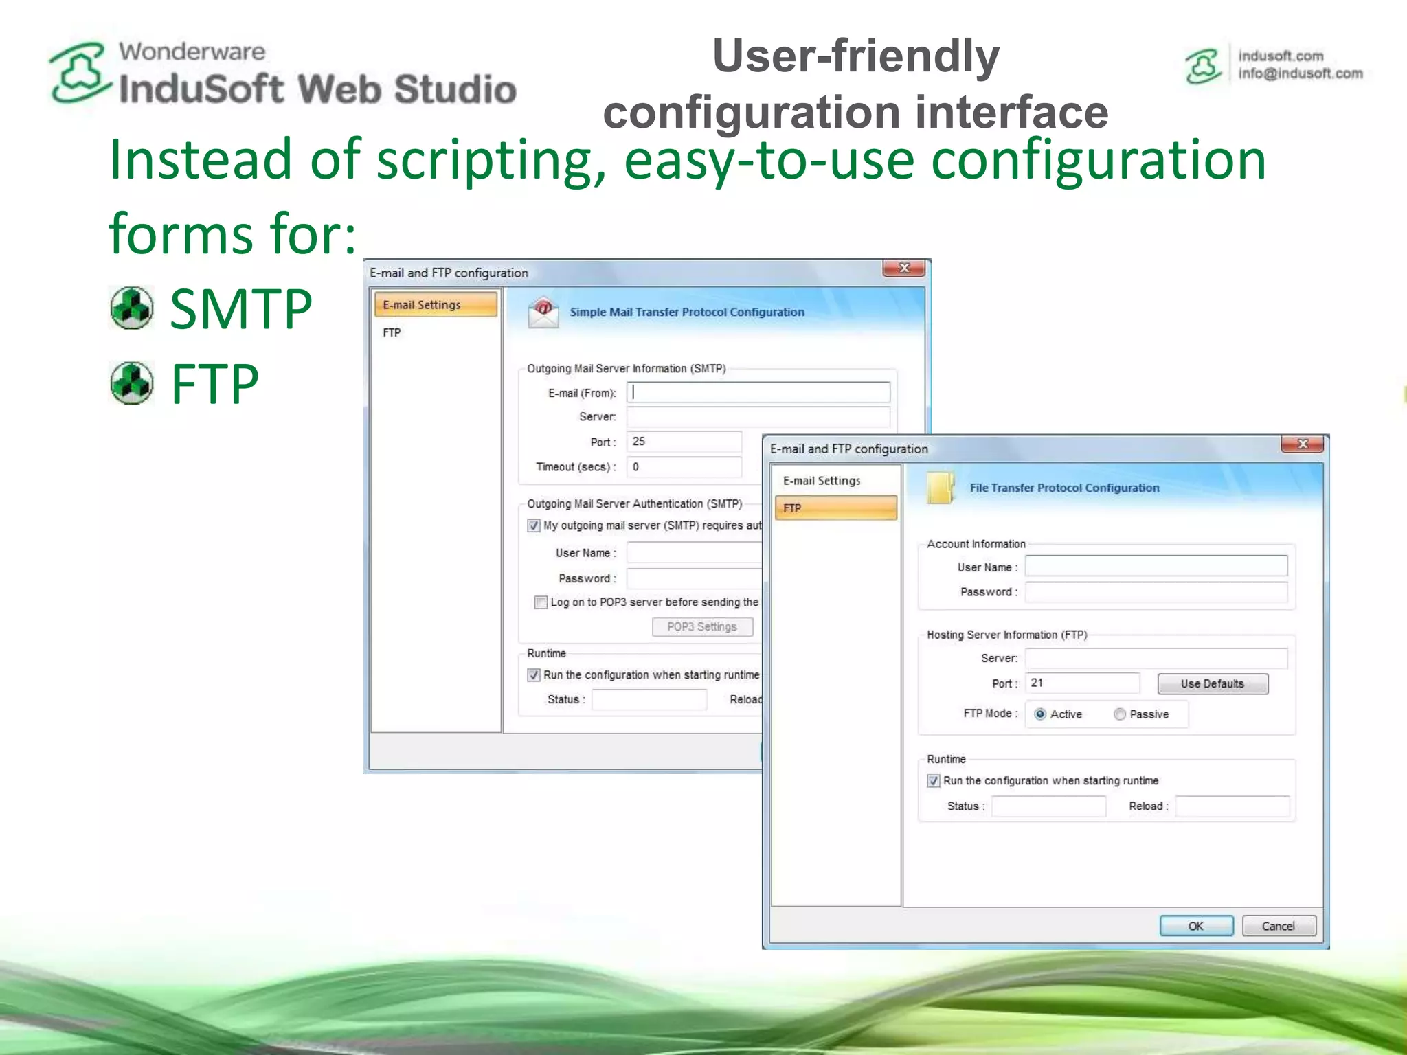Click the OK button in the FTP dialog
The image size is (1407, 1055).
point(1195,926)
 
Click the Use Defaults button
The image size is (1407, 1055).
point(1212,683)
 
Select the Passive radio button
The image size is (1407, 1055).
point(1120,714)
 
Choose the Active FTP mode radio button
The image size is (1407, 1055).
point(1040,714)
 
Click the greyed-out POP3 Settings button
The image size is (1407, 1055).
point(701,626)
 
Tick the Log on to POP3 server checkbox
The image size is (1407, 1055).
point(541,602)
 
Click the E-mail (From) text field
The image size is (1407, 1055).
point(758,392)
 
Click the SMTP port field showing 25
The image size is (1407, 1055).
point(684,442)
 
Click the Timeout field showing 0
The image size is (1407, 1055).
point(684,467)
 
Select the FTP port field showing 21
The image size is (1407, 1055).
point(1081,683)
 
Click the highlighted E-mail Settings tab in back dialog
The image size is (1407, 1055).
point(436,304)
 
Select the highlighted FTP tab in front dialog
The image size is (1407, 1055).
point(835,508)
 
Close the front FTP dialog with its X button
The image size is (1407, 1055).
point(1302,444)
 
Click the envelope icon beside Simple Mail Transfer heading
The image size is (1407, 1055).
point(543,313)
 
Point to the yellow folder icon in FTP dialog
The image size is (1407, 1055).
point(940,488)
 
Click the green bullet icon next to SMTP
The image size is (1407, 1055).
point(132,308)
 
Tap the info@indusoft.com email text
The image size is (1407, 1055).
point(1300,73)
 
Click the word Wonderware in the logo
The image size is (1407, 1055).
point(192,52)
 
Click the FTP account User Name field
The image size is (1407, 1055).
point(1156,566)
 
